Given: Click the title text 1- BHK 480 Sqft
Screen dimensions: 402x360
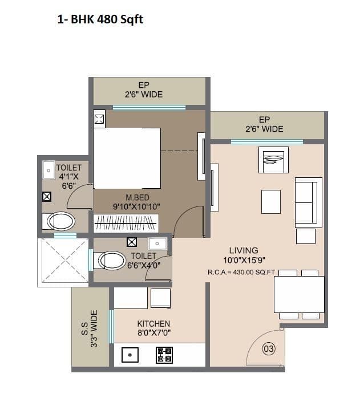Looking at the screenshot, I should [100, 21].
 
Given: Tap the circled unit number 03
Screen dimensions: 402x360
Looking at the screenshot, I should [269, 348].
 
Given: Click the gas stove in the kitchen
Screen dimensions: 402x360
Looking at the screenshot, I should [164, 355].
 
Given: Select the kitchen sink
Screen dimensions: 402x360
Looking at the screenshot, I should [131, 355].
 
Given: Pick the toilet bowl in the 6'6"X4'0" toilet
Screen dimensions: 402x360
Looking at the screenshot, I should [112, 261].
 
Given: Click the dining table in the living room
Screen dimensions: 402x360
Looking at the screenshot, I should [299, 294].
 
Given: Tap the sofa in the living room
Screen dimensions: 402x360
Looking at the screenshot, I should [308, 201].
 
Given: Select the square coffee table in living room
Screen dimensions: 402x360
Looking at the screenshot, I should [271, 201].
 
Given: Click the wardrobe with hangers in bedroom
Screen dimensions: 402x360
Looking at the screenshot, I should [126, 223].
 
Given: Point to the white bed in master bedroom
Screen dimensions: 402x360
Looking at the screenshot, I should [127, 158].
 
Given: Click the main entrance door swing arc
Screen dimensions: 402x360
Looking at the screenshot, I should [264, 347].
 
